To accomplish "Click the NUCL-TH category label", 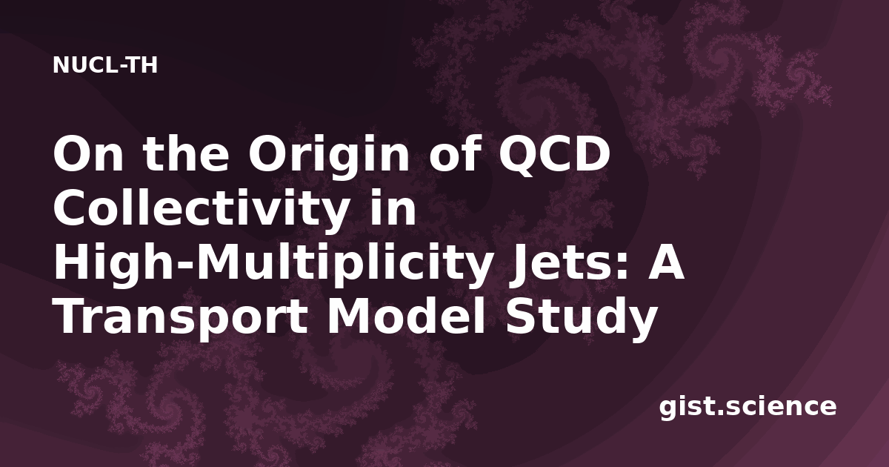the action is [105, 65].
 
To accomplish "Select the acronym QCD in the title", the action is [554, 155].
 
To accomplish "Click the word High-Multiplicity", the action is [271, 263].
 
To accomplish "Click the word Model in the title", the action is [406, 315].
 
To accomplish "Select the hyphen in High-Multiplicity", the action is [191, 267].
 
